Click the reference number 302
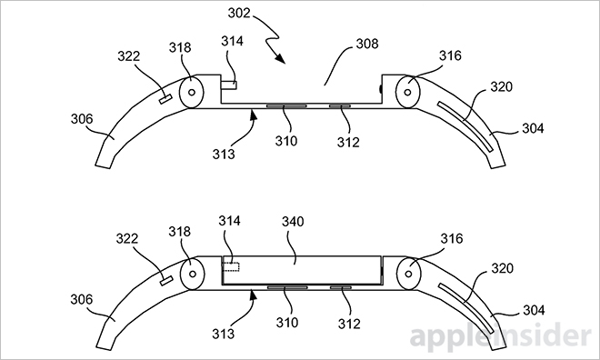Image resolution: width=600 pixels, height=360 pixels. [x=239, y=13]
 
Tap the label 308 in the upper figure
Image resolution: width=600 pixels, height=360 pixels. [x=367, y=44]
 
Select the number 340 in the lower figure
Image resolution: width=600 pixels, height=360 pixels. [x=293, y=222]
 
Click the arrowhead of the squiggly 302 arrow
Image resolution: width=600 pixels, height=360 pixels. [x=281, y=58]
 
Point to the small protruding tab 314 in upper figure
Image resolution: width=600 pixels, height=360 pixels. [x=228, y=85]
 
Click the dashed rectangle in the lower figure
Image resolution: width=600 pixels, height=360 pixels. [x=231, y=266]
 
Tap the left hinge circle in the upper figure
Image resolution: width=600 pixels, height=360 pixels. [x=191, y=92]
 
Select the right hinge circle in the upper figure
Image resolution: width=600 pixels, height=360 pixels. [x=408, y=92]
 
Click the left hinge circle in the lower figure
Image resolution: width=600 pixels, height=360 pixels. [x=193, y=274]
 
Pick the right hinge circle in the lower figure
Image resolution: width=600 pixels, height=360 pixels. [x=409, y=274]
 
